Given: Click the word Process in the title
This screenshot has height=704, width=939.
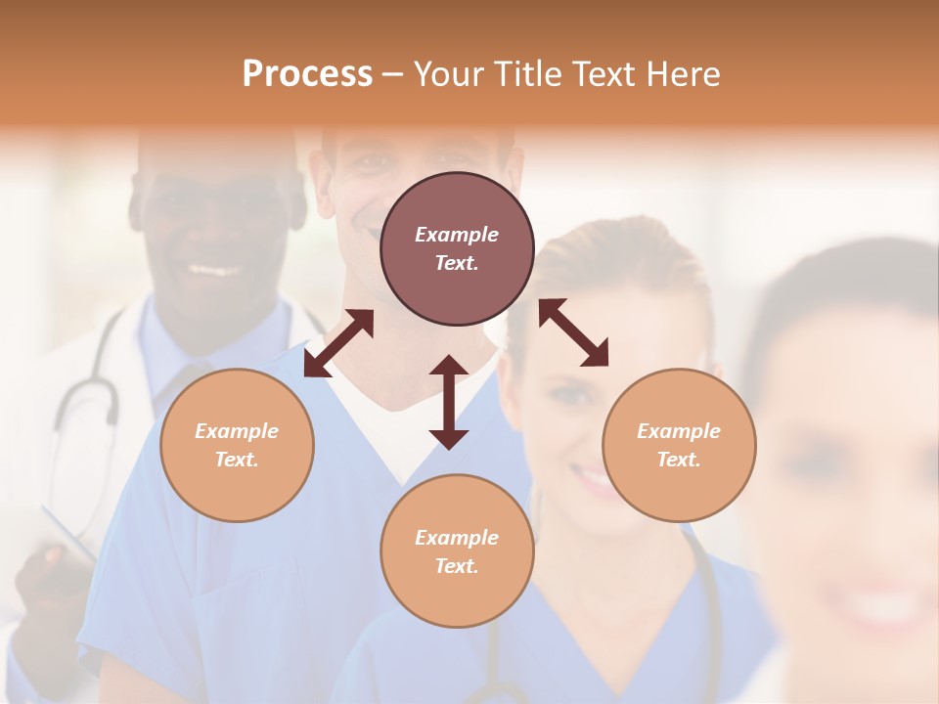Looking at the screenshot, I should point(307,74).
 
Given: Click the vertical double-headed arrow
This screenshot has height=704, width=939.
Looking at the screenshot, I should point(449,402).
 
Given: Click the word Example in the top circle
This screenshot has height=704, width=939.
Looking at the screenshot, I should point(457,235).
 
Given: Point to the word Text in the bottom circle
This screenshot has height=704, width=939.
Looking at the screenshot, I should point(457,566).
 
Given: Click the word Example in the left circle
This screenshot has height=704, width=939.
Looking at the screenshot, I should point(237,431).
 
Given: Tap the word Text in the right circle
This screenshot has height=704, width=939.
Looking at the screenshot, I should point(679,460).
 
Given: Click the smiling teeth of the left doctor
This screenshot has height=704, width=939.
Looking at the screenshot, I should point(213,269).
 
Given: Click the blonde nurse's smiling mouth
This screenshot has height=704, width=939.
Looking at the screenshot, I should point(592,479).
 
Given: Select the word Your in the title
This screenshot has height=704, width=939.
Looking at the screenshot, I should point(447,74).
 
